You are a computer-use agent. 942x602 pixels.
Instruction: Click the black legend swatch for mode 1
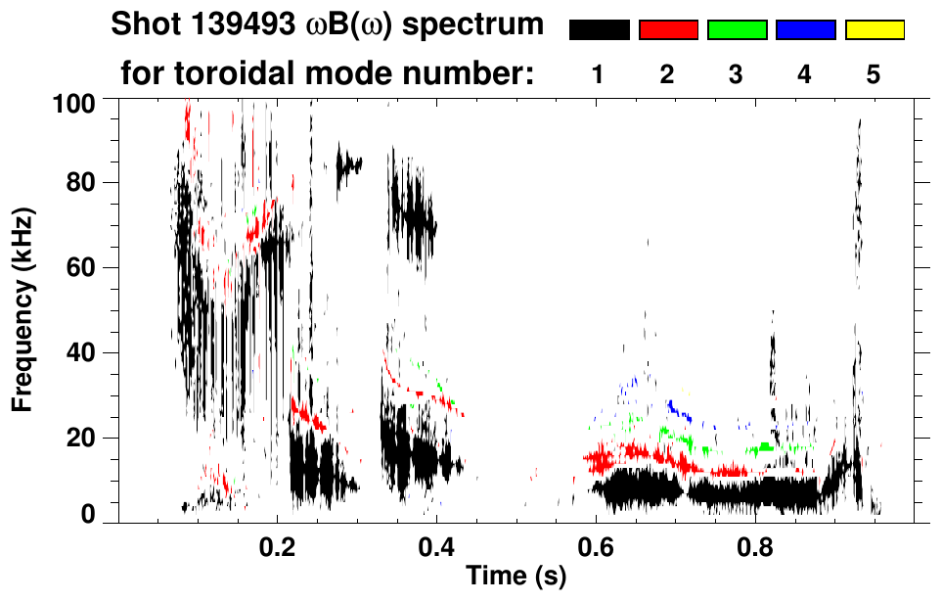click(599, 30)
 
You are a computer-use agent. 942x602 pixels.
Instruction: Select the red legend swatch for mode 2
click(668, 30)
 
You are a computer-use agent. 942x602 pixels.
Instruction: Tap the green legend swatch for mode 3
click(737, 30)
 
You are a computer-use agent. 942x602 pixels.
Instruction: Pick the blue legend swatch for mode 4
click(805, 30)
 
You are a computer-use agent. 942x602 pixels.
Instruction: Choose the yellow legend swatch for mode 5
click(874, 30)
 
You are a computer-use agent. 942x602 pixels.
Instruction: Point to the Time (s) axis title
click(516, 578)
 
